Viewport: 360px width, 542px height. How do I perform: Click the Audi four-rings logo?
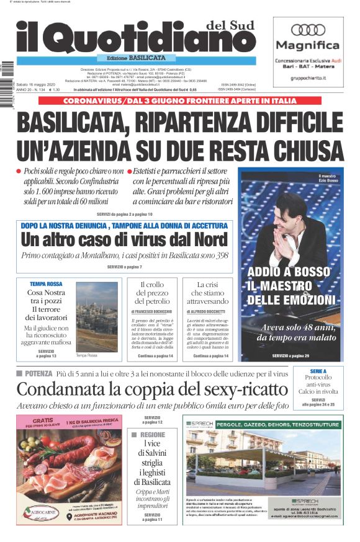[308, 30]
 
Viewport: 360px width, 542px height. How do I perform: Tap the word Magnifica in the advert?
[308, 45]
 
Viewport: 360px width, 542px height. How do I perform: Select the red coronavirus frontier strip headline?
[181, 100]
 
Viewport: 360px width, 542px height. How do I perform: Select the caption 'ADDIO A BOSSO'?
[289, 272]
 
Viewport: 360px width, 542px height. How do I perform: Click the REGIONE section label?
[152, 435]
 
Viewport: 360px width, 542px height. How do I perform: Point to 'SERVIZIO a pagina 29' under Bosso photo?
[290, 356]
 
